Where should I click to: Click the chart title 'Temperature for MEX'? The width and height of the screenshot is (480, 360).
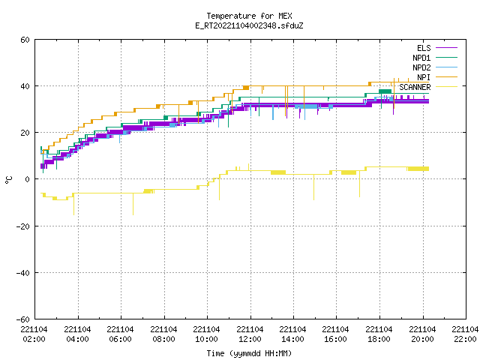249,16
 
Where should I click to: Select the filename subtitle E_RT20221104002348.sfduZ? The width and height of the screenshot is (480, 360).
249,25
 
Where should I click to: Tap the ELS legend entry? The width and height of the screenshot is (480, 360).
424,48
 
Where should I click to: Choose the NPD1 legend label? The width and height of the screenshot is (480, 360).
421,58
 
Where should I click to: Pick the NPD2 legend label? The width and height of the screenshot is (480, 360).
421,67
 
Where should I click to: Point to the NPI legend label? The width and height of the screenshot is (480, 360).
424,77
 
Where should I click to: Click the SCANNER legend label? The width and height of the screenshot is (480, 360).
415,87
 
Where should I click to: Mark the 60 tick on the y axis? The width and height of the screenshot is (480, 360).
25,40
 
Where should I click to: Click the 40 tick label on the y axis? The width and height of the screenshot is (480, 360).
25,86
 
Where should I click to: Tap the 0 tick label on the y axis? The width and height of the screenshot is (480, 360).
28,179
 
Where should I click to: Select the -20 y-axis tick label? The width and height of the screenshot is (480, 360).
22,226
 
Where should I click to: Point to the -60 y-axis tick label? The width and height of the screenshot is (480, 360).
22,319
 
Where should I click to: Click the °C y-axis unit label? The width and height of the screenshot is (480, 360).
8,179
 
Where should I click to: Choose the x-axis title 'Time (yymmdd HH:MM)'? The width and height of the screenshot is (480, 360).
249,353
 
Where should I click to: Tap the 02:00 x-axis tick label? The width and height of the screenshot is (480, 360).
34,339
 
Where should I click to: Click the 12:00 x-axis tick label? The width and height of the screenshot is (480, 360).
250,339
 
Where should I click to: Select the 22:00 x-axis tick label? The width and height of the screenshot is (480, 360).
465,339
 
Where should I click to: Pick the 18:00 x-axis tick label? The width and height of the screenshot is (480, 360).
379,339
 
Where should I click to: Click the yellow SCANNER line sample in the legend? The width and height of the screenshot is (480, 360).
446,87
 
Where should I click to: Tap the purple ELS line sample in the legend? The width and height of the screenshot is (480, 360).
446,48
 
